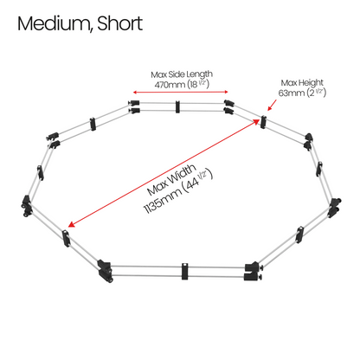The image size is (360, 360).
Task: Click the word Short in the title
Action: click(x=120, y=23)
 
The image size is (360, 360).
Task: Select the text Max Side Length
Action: click(x=182, y=74)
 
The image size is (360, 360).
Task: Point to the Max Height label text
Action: click(x=302, y=83)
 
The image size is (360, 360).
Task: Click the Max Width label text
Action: click(x=171, y=180)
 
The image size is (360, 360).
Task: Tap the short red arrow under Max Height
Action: click(x=272, y=105)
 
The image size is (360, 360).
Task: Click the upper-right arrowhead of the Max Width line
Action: click(x=256, y=121)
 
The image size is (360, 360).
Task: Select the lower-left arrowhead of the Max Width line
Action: click(x=71, y=224)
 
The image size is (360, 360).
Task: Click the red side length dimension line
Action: click(x=181, y=92)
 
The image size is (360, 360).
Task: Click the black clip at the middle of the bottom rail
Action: click(x=185, y=271)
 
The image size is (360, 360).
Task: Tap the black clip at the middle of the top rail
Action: click(x=177, y=106)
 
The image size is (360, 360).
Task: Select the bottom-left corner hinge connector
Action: click(x=105, y=271)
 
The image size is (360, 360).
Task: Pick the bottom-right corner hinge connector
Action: click(x=253, y=271)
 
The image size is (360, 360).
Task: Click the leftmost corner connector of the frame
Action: click(x=26, y=205)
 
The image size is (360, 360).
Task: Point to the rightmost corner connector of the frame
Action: click(x=335, y=208)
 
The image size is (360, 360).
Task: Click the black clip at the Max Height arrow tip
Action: click(x=263, y=122)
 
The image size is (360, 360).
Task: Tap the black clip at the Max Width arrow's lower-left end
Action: click(x=66, y=238)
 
